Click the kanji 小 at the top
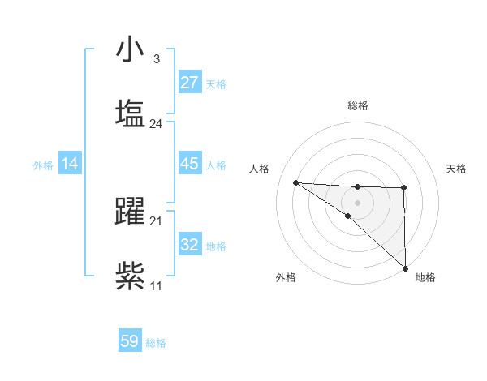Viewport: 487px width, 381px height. coord(130,51)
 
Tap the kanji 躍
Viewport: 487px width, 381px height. coord(130,212)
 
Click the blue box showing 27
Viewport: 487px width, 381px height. coord(189,83)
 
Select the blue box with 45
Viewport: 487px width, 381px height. coord(189,164)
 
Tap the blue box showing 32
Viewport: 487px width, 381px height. coord(189,245)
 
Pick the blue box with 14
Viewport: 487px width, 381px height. coord(70,165)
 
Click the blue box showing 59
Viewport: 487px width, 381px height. coord(130,341)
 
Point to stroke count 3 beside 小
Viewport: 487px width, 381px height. coord(156,59)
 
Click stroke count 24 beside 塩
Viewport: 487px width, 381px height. coord(156,124)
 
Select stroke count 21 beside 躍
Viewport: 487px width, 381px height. coord(156,221)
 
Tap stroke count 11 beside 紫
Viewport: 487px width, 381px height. coord(156,285)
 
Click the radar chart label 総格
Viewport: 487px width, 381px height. coord(357,105)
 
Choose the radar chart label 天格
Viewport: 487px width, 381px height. coord(456,169)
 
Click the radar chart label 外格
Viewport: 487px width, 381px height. coord(285,277)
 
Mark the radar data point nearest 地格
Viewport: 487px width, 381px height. coord(405,268)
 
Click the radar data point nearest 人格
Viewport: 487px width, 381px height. coord(296,182)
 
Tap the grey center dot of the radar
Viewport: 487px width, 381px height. coord(357,202)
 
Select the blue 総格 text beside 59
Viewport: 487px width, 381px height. coord(156,343)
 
